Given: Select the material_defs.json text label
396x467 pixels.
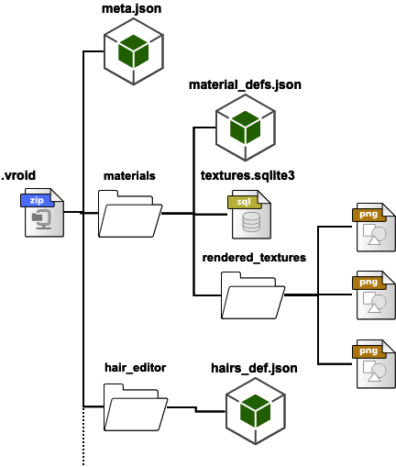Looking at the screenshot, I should pos(245,85).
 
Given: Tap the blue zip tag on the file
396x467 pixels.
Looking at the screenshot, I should pos(37,199).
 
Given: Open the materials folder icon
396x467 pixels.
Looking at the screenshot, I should pos(129,214).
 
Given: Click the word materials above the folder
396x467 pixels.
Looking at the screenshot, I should pos(129,174).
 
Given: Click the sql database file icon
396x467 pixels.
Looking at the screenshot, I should pos(249,213).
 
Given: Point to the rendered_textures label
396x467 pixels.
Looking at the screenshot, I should pos(254,257).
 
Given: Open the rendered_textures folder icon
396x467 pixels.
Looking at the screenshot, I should pos(252,295).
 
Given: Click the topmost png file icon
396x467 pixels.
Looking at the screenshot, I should pos(374,228).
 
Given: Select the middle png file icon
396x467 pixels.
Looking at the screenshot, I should pos(374,295).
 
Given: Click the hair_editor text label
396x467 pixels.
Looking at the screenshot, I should pos(136,367).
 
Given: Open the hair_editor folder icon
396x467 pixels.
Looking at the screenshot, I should pos(136,406).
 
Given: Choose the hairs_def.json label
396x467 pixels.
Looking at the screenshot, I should pos(255,368).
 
